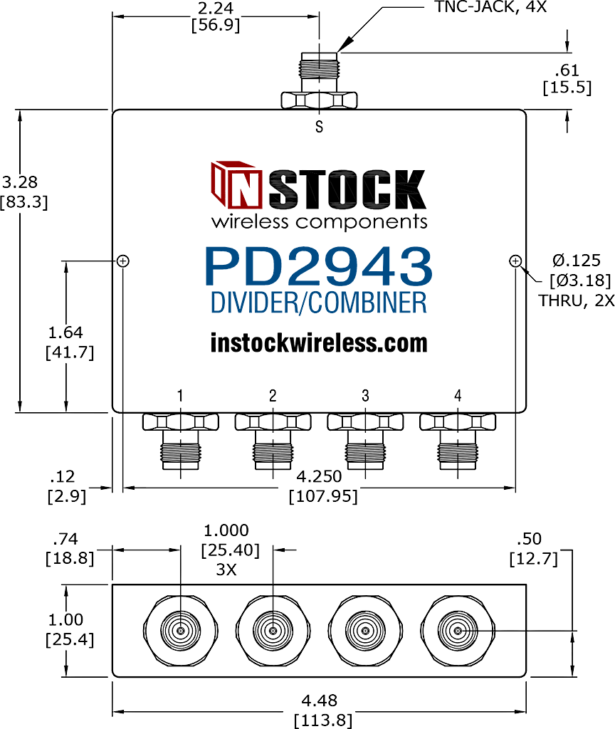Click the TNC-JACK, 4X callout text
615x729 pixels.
[490, 6]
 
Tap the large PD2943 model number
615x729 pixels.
[319, 266]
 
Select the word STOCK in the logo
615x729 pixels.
[347, 189]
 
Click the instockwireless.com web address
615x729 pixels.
[319, 343]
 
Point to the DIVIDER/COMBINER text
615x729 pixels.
[319, 302]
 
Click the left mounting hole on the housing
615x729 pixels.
[122, 261]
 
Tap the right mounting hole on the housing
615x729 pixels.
[515, 261]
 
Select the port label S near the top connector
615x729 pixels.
[319, 127]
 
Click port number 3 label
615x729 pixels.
[365, 396]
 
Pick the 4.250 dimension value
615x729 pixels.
[319, 476]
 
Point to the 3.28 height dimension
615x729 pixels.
[19, 182]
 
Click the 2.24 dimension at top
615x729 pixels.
[215, 8]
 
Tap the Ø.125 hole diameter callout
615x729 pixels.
[577, 261]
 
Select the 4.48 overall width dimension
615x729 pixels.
[320, 701]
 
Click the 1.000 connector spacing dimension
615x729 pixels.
[226, 530]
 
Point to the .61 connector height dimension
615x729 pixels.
[567, 70]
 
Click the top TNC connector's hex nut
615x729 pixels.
[319, 100]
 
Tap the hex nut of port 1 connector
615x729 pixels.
[180, 421]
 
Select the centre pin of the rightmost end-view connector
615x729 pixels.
[458, 631]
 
